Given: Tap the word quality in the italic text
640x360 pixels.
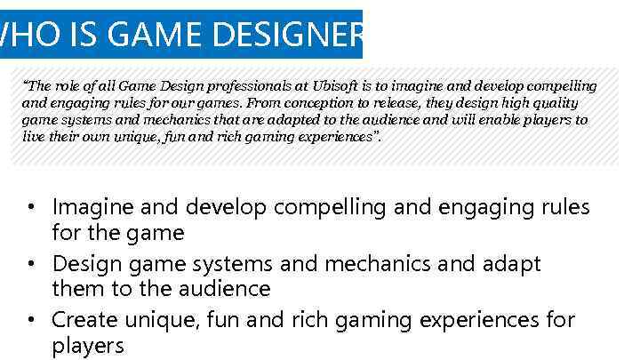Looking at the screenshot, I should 562,103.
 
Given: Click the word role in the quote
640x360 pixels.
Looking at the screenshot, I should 68,86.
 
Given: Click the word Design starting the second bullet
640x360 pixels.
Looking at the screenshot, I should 88,264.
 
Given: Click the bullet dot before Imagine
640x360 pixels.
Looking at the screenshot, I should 30,208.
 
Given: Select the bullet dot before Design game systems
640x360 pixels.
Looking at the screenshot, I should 30,264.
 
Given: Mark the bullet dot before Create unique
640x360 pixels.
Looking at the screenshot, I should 30,320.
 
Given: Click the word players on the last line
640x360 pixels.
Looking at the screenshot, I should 87,346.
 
